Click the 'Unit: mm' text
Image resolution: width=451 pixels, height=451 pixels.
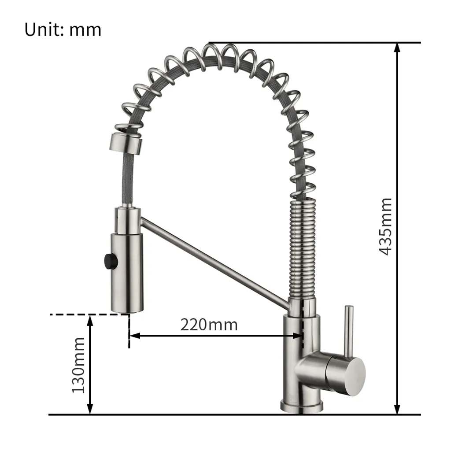click(63, 30)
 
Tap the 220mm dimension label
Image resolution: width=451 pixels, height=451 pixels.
click(209, 325)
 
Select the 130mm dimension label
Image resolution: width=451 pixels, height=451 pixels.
click(79, 365)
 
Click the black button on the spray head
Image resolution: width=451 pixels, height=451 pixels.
click(108, 260)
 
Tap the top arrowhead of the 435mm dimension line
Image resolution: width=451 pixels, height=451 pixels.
click(398, 48)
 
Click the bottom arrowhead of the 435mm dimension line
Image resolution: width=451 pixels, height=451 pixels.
click(398, 410)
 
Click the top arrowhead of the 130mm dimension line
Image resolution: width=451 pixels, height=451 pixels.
click(90, 319)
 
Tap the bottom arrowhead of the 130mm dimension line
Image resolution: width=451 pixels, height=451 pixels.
click(90, 410)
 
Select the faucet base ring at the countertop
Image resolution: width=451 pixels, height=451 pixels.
click(302, 406)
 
